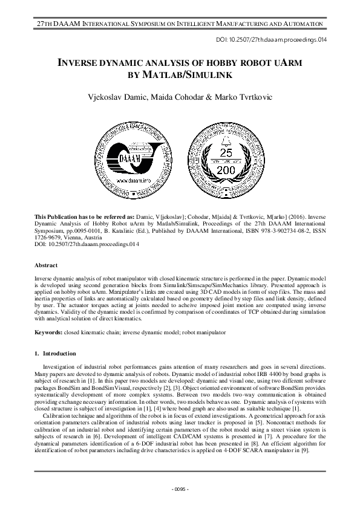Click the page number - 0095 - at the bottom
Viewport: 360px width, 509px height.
click(180, 488)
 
